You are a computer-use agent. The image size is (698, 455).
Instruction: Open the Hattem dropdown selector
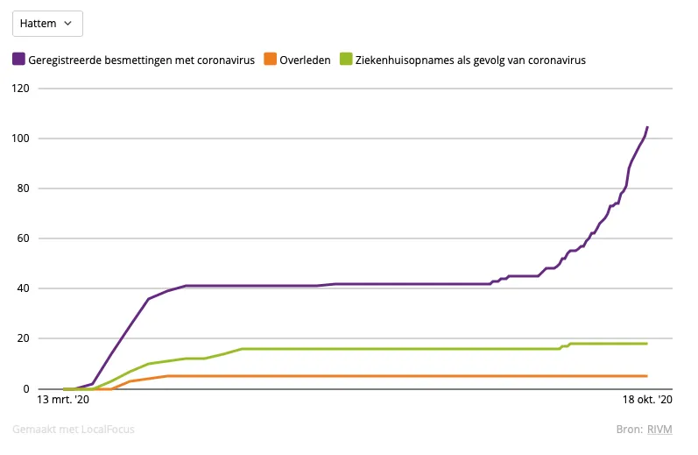47,24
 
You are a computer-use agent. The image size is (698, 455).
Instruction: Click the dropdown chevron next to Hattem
68,24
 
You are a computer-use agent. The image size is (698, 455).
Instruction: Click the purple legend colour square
18,60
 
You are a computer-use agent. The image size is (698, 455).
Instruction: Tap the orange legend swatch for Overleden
270,60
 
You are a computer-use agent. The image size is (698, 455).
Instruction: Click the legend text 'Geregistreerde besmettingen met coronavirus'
142,60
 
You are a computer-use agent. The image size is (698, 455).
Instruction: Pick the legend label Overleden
305,60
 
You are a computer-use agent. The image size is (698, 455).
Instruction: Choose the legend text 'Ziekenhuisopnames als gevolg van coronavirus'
470,60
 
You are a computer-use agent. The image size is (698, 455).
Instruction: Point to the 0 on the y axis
25,388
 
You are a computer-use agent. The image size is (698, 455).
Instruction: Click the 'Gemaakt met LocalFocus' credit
74,430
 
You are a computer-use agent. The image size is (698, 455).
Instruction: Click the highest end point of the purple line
647,127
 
